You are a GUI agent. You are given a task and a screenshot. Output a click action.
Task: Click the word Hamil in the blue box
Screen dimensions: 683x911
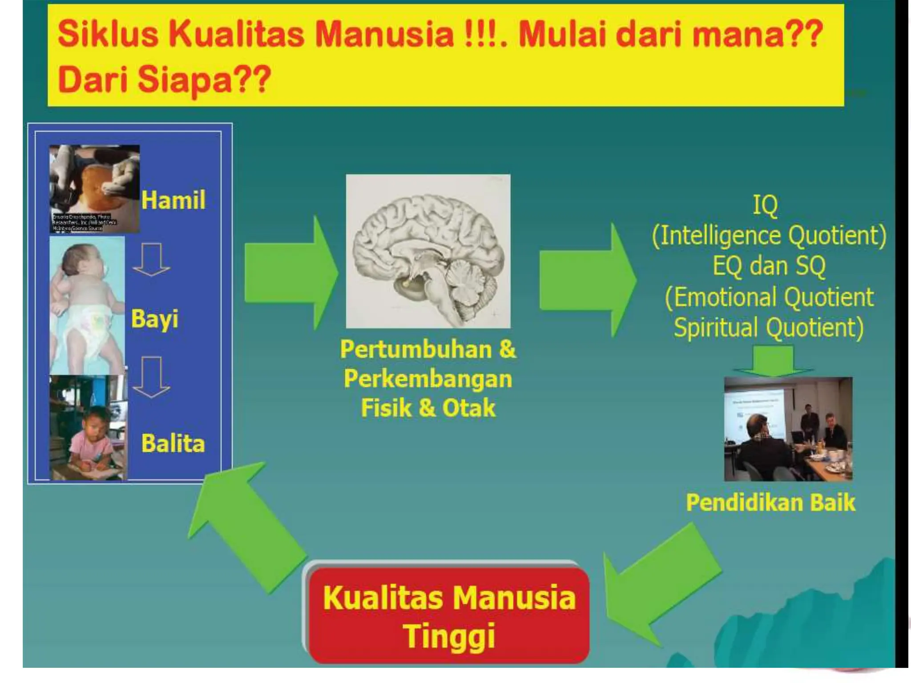pyautogui.click(x=173, y=200)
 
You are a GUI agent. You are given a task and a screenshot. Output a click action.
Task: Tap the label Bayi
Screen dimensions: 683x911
pyautogui.click(x=154, y=319)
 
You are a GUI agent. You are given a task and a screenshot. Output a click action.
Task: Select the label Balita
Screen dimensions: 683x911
pyautogui.click(x=173, y=443)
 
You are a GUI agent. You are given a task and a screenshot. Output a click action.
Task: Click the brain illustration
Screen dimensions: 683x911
pyautogui.click(x=428, y=251)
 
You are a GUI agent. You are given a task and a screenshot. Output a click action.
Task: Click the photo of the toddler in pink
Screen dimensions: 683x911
pyautogui.click(x=88, y=428)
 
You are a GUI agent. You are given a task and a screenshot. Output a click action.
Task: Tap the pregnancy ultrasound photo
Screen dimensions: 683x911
pyautogui.click(x=94, y=189)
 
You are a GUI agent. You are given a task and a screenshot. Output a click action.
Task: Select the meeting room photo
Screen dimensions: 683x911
pyautogui.click(x=788, y=429)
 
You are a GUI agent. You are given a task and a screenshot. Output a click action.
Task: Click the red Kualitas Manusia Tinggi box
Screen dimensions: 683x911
pyautogui.click(x=449, y=616)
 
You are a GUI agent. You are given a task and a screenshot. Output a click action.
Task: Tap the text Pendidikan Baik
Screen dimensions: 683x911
pyautogui.click(x=770, y=502)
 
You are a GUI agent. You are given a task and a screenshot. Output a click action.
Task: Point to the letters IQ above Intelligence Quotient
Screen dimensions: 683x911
pyautogui.click(x=765, y=205)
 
